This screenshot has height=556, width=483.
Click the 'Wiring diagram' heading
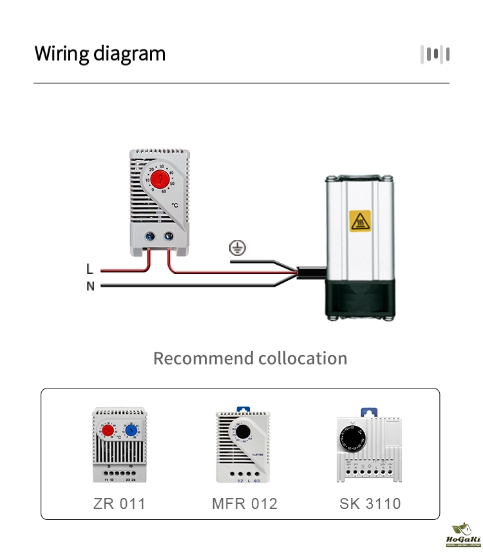tap(100, 53)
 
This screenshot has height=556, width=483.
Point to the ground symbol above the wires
tap(238, 247)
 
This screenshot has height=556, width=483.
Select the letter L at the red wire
tap(90, 269)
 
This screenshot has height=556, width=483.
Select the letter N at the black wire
tap(90, 286)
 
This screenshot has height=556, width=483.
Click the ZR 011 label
tap(119, 504)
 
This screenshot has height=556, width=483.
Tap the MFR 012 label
tap(245, 504)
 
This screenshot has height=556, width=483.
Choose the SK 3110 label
tap(370, 504)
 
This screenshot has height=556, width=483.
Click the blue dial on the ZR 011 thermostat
tap(131, 431)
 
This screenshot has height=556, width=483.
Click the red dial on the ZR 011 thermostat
tap(108, 431)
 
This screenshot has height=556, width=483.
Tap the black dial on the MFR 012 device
tap(243, 432)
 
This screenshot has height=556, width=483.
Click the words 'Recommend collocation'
tap(250, 358)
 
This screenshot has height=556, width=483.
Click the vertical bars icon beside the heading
tap(435, 54)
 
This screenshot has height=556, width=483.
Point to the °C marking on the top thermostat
tap(175, 206)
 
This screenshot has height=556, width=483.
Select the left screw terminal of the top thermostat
tap(150, 236)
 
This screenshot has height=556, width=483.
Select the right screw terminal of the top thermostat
tap(170, 236)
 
